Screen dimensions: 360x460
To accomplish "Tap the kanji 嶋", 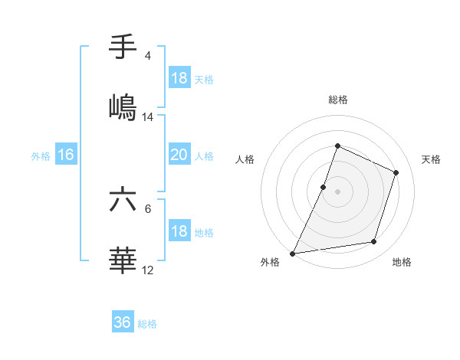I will [123, 106].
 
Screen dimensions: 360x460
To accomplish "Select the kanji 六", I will [123, 201].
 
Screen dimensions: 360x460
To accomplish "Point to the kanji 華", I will [123, 260].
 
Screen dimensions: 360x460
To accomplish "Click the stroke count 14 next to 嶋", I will [148, 117].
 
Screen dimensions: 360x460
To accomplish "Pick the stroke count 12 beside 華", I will [148, 270].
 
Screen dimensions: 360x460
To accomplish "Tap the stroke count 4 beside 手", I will [148, 56].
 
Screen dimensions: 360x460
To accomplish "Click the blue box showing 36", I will [123, 322].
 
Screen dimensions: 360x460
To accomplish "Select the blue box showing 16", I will [66, 155].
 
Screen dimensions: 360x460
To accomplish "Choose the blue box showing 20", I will [179, 155].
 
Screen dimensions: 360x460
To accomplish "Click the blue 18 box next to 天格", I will [179, 78].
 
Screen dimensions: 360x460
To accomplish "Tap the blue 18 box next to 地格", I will [179, 232].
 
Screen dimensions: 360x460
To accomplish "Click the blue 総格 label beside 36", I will [147, 324].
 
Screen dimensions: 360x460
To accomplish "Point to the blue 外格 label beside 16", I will [41, 156].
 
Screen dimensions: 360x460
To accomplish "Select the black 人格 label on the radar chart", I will [245, 160].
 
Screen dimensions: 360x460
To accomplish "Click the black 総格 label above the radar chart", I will [337, 100].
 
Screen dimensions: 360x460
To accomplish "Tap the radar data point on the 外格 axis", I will [293, 253].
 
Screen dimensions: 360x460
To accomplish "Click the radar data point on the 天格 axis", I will [396, 172].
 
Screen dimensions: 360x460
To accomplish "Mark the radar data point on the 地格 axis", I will [374, 242].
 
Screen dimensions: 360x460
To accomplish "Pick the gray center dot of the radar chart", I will [337, 191].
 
